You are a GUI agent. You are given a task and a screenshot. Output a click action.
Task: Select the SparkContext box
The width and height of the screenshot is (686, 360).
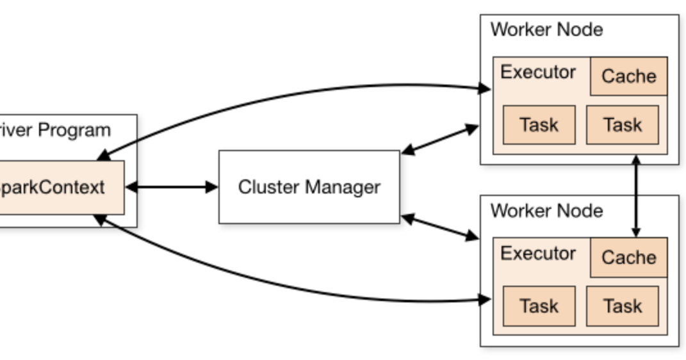pos(61,188)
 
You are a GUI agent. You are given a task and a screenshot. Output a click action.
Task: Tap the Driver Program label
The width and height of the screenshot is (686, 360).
pos(55,130)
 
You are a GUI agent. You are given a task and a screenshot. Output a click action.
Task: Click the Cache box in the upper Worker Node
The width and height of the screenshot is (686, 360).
pos(628,76)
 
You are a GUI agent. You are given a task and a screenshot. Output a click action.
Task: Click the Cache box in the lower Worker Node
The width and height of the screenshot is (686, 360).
pos(628,258)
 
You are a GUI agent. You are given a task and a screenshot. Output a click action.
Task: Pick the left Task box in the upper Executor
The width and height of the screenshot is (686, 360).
pos(539,125)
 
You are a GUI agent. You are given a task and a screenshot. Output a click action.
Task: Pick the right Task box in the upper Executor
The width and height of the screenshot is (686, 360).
pos(622,125)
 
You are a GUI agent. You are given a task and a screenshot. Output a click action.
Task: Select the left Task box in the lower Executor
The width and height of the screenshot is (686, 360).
pos(539,306)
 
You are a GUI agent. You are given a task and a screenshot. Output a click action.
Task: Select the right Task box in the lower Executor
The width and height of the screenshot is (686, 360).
pos(622,306)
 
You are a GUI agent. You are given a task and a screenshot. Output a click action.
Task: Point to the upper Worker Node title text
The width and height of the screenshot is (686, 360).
pos(546,29)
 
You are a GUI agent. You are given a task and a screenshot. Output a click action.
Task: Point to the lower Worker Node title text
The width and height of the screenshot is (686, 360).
pos(546,211)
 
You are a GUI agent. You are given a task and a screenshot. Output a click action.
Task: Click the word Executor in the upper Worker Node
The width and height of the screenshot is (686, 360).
pos(537,72)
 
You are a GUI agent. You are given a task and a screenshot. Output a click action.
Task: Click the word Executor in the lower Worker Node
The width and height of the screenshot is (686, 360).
pos(537,254)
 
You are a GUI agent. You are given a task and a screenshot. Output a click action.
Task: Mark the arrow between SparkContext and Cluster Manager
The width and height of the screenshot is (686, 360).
pos(172,187)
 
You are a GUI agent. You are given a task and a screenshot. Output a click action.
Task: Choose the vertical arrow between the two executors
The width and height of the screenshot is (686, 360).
pos(636,196)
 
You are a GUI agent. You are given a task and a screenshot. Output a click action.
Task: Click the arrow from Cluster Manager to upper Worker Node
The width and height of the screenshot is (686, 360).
pos(440,140)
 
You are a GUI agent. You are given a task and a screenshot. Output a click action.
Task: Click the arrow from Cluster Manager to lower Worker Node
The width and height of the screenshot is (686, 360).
pos(440,227)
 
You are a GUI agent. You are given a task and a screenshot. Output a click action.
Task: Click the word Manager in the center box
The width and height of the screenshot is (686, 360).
pos(343,187)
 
